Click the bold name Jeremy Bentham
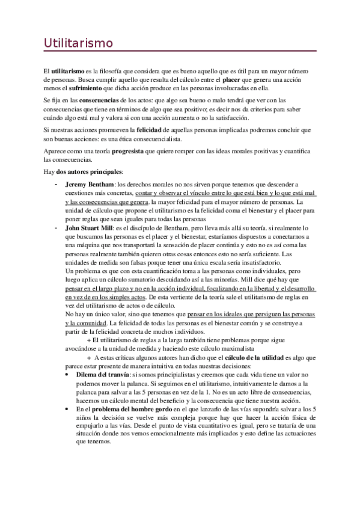90,184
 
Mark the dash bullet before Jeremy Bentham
56,184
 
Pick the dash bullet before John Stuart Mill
56,229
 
